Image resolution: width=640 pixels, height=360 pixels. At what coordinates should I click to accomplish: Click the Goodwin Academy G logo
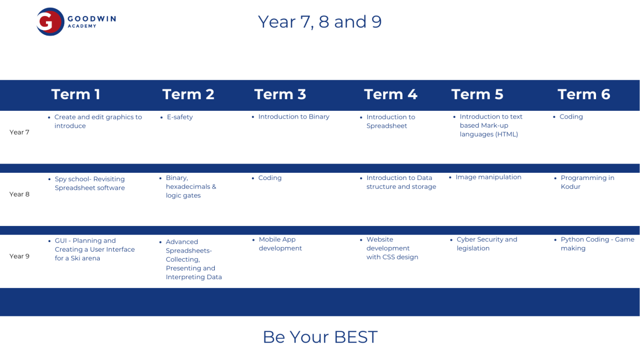[x=50, y=22]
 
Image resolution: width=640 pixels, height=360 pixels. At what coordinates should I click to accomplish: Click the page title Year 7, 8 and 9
[x=320, y=22]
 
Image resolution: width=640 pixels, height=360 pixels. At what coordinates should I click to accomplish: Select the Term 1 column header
[x=76, y=94]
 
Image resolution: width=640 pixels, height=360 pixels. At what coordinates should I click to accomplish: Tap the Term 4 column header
[x=390, y=94]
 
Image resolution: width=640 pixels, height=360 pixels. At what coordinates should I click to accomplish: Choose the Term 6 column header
[x=584, y=94]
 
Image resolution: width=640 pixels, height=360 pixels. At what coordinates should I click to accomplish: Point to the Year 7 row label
[x=19, y=132]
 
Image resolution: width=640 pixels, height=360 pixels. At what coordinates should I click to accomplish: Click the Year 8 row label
[x=19, y=195]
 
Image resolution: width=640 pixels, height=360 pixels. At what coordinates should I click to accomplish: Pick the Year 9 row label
[x=19, y=256]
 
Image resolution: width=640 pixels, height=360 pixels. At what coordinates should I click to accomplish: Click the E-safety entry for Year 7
[x=180, y=117]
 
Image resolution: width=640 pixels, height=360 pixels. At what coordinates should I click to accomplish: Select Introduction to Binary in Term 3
[x=294, y=117]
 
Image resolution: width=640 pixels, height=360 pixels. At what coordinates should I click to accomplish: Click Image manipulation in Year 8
[x=488, y=178]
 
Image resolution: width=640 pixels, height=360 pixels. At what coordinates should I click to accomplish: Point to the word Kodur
[x=570, y=187]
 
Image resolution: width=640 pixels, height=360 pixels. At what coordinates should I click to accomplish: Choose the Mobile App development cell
[x=280, y=244]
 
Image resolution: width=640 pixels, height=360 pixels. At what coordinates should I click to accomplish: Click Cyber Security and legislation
[x=487, y=244]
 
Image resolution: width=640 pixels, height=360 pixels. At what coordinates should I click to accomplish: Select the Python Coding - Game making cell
[x=597, y=244]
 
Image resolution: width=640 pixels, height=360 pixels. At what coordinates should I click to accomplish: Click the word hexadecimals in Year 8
[x=188, y=187]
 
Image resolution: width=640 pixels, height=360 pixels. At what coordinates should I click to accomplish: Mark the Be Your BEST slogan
[x=320, y=337]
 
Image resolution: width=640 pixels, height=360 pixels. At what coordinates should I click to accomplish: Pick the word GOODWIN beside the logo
[x=92, y=19]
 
